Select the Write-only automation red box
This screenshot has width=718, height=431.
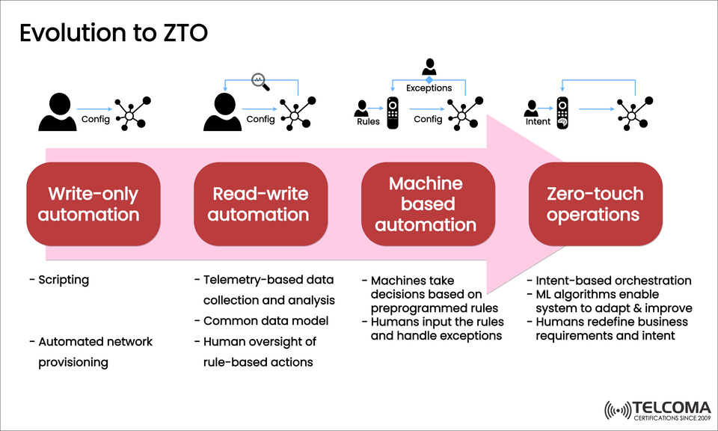(93, 204)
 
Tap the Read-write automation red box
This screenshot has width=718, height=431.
(261, 204)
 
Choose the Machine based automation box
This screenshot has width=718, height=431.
(429, 204)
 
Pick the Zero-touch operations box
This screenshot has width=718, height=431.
(595, 204)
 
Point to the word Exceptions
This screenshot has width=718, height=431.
(429, 88)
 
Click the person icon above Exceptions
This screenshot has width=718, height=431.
(429, 67)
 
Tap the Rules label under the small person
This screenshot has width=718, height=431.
(368, 120)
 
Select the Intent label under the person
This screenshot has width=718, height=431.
(538, 121)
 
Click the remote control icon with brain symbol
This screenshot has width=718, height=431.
(563, 112)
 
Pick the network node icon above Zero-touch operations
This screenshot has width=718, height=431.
(633, 111)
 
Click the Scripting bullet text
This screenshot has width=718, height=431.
(63, 280)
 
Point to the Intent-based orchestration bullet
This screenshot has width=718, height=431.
(613, 281)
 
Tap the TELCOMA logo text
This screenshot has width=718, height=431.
(671, 407)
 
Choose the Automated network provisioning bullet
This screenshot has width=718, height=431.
(95, 352)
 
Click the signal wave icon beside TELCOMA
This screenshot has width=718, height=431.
(617, 410)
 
